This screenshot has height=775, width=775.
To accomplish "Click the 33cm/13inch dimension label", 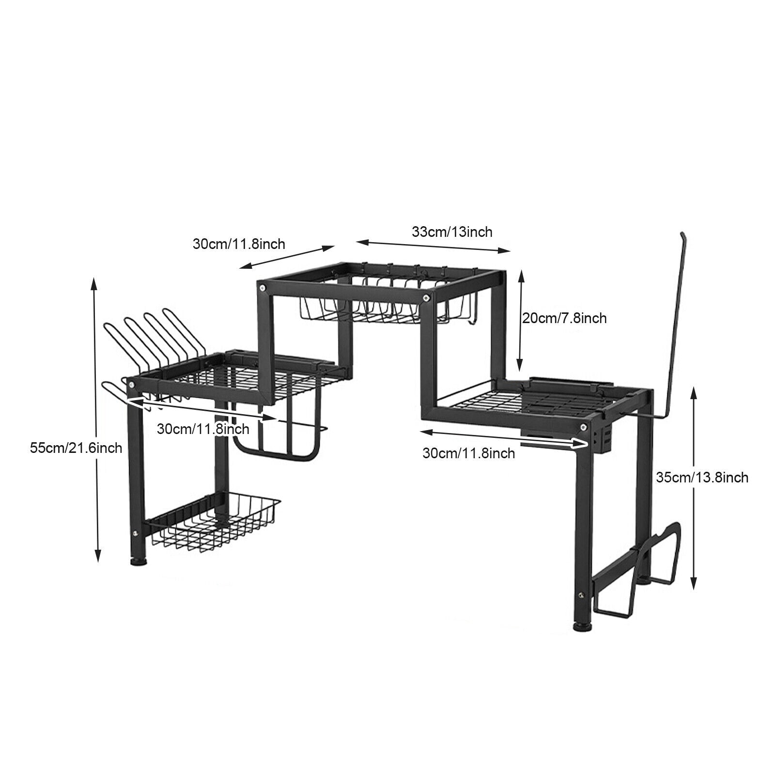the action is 452,232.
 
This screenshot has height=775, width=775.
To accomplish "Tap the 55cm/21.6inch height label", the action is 76,448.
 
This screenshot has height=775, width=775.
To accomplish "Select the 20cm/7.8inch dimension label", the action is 564,318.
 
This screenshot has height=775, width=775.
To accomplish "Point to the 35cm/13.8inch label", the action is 702,478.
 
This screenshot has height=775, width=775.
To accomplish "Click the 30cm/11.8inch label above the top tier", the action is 239,243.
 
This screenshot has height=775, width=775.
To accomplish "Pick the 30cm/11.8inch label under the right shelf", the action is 469,453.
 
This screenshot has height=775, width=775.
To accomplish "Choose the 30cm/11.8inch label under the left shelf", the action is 203,429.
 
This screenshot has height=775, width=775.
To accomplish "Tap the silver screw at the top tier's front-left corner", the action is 263,289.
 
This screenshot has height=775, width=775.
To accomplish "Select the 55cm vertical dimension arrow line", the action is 96,419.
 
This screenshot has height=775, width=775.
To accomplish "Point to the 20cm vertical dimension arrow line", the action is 521,321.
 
